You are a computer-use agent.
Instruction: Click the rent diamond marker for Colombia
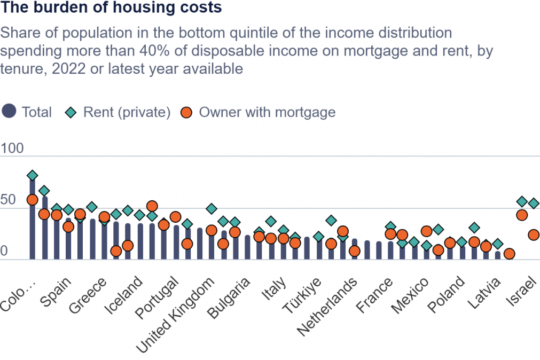pyautogui.click(x=33, y=175)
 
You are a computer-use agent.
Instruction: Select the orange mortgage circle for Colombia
pyautogui.click(x=33, y=200)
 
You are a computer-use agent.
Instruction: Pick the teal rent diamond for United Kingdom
pyautogui.click(x=212, y=208)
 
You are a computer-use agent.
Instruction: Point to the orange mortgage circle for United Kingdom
pyautogui.click(x=212, y=230)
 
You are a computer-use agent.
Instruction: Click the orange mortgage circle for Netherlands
pyautogui.click(x=355, y=251)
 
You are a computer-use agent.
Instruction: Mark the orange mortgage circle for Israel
pyautogui.click(x=534, y=235)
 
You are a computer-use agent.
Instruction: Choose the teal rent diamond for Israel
pyautogui.click(x=534, y=204)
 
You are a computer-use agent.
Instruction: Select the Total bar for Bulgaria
pyautogui.click(x=248, y=247)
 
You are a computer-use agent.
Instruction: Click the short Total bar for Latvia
pyautogui.click(x=498, y=255)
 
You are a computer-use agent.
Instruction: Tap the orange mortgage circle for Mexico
pyautogui.click(x=426, y=231)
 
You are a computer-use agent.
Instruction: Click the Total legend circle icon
pyautogui.click(x=9, y=111)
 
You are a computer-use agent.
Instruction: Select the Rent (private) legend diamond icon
pyautogui.click(x=71, y=112)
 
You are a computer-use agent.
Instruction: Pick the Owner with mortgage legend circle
pyautogui.click(x=186, y=112)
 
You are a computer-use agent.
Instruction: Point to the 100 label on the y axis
pyautogui.click(x=12, y=148)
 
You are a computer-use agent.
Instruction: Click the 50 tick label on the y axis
pyautogui.click(x=8, y=200)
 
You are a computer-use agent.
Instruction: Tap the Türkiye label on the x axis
pyautogui.click(x=302, y=295)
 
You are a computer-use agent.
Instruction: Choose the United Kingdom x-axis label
pyautogui.click(x=175, y=315)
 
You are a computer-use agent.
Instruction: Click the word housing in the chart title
pyautogui.click(x=148, y=7)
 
